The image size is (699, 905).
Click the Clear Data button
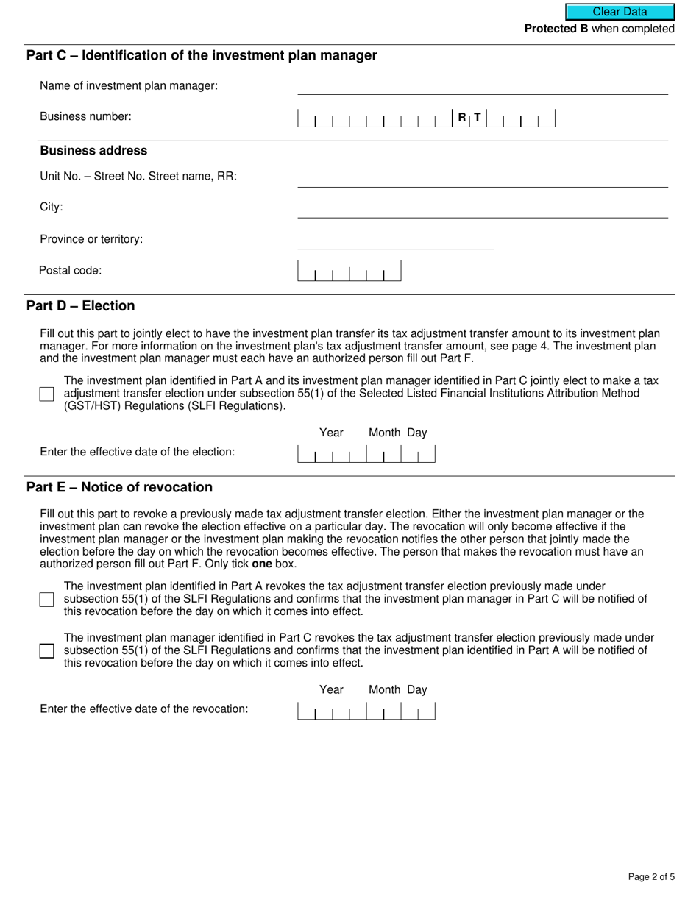point(620,12)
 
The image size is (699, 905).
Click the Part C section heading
point(201,56)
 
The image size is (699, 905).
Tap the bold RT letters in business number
point(469,117)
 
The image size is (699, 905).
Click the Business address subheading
point(93,151)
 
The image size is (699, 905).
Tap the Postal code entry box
point(349,271)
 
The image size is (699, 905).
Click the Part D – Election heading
point(80,306)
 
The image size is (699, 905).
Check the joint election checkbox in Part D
point(47,394)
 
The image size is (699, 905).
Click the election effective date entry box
point(366,453)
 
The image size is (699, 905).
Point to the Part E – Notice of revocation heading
point(119,488)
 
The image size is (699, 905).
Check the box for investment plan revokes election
point(47,600)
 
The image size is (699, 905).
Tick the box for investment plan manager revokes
point(47,651)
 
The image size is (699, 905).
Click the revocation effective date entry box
point(366,710)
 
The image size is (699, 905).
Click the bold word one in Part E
point(262,564)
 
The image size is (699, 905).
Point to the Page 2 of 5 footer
point(651,876)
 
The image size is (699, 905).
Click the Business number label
point(85,116)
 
